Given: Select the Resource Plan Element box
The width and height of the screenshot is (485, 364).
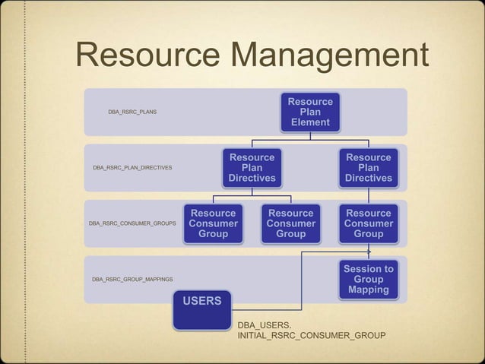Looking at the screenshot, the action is (309, 112).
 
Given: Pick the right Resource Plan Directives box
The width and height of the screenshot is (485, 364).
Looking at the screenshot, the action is (368, 168).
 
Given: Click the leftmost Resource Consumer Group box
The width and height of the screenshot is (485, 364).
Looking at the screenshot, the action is (214, 223).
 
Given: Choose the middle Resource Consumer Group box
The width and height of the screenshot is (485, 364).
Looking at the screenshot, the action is (290, 223).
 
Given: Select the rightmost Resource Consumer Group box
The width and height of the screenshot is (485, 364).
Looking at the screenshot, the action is (368, 223).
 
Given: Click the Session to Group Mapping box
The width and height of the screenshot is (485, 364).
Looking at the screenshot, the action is (368, 280).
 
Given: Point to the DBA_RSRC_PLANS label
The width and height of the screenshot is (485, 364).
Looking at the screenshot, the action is (132, 112).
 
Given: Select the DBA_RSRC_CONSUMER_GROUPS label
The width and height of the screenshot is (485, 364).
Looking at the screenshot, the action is (132, 224).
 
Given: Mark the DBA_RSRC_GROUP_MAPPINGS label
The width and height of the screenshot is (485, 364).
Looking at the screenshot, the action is (132, 280).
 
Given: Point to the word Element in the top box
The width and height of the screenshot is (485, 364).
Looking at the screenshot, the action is (309, 122).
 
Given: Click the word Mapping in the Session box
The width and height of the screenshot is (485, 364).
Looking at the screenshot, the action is (368, 290).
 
